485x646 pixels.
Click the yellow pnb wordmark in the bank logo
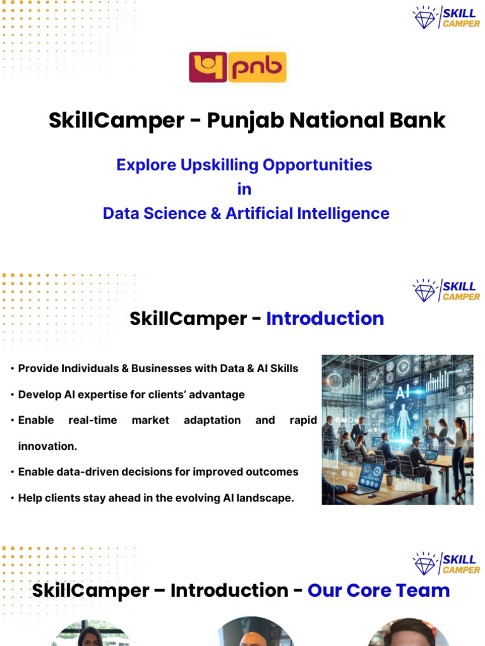click(x=256, y=68)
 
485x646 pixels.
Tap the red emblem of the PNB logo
click(x=208, y=68)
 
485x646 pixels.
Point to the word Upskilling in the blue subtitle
click(x=219, y=165)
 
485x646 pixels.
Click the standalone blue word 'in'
click(x=244, y=189)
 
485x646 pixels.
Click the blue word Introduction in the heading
click(x=325, y=319)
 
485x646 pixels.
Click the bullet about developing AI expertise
click(x=131, y=394)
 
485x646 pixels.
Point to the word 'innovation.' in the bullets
click(x=47, y=446)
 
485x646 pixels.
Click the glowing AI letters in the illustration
click(x=402, y=392)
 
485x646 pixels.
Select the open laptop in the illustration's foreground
click(x=368, y=476)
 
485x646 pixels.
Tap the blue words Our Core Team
click(x=378, y=590)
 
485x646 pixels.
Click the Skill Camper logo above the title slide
click(x=446, y=17)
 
